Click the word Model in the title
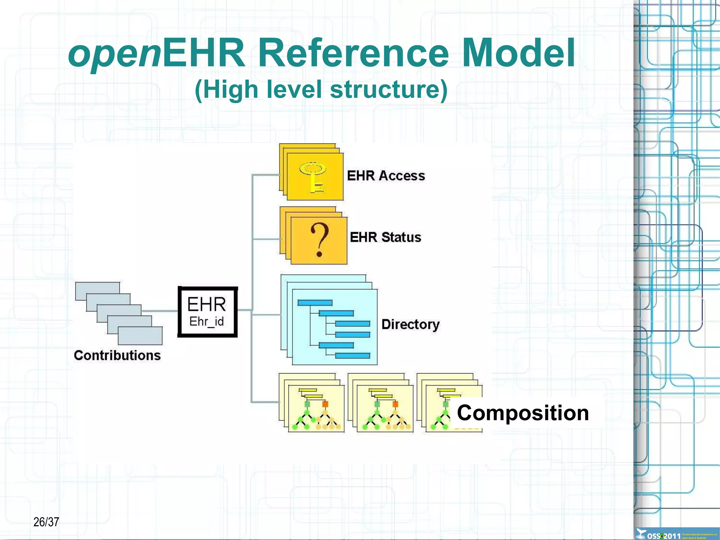(x=518, y=53)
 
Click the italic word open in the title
(x=115, y=55)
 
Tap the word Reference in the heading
(x=353, y=53)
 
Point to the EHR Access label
(x=386, y=176)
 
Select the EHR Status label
(x=385, y=237)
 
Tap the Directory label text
(x=410, y=324)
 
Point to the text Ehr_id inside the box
(x=206, y=322)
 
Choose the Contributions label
(x=117, y=355)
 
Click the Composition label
(x=522, y=413)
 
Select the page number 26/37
(x=46, y=522)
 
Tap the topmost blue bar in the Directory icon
(x=315, y=303)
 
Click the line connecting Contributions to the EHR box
(x=160, y=311)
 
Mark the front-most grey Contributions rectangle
(x=140, y=336)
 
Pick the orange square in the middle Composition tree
(x=395, y=404)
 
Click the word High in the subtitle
(x=230, y=89)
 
